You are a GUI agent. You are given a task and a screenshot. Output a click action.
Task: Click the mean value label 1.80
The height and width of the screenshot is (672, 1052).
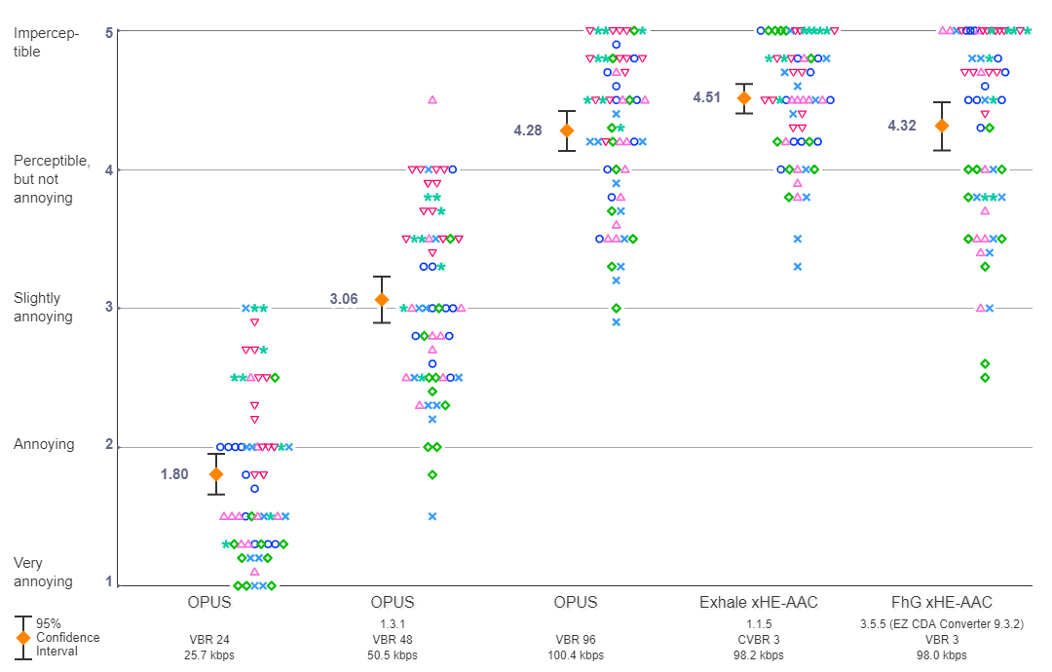pyautogui.click(x=174, y=474)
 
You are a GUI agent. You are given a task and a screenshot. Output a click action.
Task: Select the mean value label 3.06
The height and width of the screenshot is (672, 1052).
pyautogui.click(x=344, y=299)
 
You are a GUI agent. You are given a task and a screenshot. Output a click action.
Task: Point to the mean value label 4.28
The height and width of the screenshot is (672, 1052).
pyautogui.click(x=529, y=131)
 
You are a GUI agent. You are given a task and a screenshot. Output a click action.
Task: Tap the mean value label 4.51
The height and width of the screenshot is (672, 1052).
pyautogui.click(x=708, y=97)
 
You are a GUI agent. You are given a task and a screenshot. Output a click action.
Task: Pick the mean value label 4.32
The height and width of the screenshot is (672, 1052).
pyautogui.click(x=902, y=126)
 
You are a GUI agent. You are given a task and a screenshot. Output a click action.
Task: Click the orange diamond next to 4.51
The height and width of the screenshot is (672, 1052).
pyautogui.click(x=744, y=97)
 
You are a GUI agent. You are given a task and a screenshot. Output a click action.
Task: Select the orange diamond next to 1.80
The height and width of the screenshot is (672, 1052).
pyautogui.click(x=216, y=474)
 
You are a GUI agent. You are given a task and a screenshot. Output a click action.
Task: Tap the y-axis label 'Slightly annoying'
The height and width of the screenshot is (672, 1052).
pyautogui.click(x=43, y=308)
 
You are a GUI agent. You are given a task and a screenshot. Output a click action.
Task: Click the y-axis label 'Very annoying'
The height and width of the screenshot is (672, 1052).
pyautogui.click(x=43, y=572)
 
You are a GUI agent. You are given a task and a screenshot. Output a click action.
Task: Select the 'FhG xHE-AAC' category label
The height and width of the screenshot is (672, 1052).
pyautogui.click(x=942, y=603)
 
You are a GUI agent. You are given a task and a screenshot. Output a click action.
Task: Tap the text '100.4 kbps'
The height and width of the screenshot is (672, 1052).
pyautogui.click(x=576, y=655)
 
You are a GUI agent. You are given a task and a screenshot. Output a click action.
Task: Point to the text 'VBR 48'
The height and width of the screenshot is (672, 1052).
pyautogui.click(x=393, y=639)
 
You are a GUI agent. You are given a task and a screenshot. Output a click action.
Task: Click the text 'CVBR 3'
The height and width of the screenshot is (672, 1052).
pyautogui.click(x=757, y=639)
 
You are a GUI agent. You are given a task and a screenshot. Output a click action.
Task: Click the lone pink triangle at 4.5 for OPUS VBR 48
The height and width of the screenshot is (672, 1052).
pyautogui.click(x=432, y=99)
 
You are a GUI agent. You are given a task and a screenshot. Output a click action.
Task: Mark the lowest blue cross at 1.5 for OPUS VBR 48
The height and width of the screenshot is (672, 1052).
pyautogui.click(x=432, y=516)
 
